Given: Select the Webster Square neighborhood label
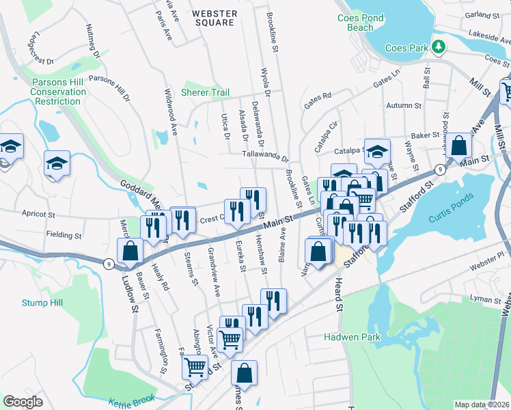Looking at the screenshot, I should coord(215,18).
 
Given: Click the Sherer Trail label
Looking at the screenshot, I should coord(205,92).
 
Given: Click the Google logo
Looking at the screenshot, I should coord(23,402).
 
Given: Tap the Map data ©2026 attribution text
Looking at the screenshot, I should coord(482,405).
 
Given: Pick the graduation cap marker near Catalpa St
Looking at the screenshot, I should coord(376,152).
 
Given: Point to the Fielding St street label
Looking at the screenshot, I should coord(64,235).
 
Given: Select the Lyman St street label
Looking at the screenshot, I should coord(486,299).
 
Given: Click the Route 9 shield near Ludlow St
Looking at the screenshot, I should coord(109,262).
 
